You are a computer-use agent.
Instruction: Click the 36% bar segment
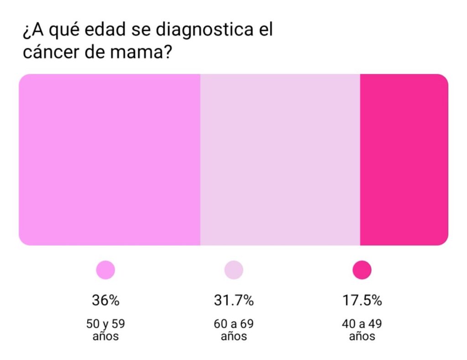pos(109,160)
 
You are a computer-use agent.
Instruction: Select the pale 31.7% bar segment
pos(280,160)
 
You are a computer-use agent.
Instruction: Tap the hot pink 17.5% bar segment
pos(404,160)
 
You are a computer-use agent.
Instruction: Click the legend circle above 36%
pos(105,270)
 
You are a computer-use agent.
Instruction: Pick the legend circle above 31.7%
pos(233,270)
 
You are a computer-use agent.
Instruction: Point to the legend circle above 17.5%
pos(362,270)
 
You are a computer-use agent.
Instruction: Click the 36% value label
pos(105,301)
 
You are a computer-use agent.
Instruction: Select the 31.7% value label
pos(233,301)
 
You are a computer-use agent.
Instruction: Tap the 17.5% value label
pos(362,301)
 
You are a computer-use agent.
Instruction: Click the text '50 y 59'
pos(105,324)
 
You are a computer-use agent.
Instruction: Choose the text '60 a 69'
pos(233,324)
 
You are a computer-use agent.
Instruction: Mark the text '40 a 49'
pos(362,324)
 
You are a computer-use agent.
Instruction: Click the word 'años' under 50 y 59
pos(105,337)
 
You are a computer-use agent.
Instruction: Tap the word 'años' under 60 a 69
pos(233,337)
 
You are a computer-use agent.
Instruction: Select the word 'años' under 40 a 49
pos(362,337)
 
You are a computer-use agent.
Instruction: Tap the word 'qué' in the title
pos(58,31)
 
